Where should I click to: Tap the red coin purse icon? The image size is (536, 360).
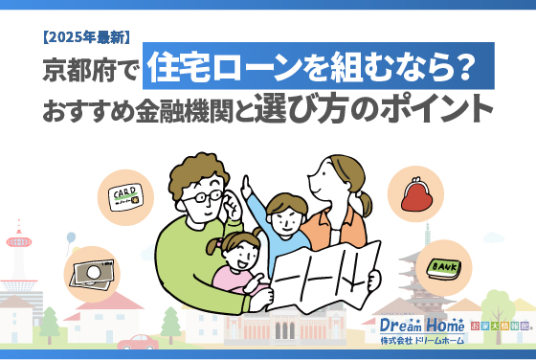point(416,195)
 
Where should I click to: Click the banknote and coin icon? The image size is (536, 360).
point(93,274)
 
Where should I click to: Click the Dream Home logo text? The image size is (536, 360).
point(422,325)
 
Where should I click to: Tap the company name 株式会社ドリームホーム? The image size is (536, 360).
point(422,342)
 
